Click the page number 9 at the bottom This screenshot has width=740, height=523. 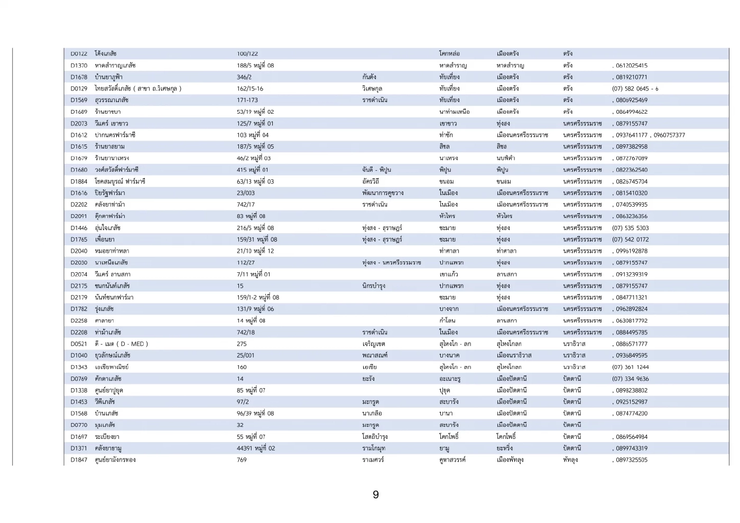point(375,494)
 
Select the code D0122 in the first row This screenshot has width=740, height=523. point(79,54)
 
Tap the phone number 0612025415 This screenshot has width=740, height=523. point(631,66)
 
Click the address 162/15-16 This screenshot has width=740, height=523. point(249,89)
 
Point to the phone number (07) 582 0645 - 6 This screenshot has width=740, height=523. point(635,89)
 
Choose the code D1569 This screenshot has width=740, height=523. point(79,100)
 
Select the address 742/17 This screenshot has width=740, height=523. point(245,205)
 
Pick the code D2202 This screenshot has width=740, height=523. point(79,205)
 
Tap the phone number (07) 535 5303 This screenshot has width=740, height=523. point(630,228)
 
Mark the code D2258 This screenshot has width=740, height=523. point(79,320)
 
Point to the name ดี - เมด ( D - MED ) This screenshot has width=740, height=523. point(121,344)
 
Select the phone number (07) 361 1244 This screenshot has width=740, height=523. point(630,367)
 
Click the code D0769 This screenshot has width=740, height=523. point(79,379)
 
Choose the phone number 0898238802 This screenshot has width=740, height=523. point(631,390)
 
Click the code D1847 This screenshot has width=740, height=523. point(79,460)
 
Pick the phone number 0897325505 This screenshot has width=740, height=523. point(631,460)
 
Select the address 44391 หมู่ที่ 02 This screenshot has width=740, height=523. point(256,448)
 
